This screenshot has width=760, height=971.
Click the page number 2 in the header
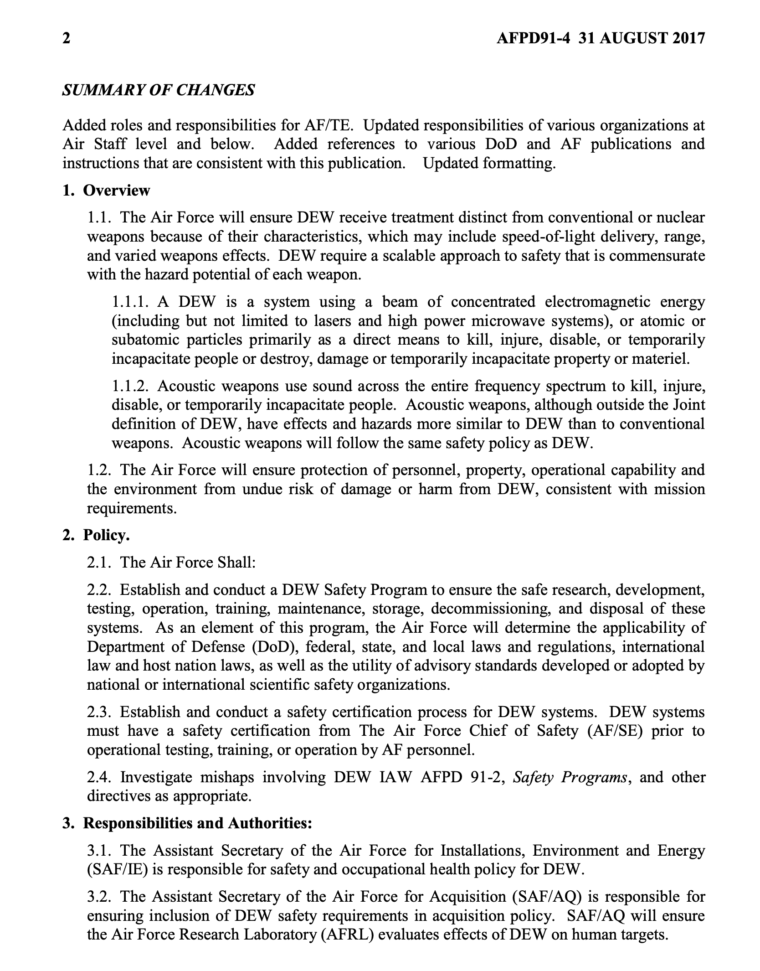pos(67,38)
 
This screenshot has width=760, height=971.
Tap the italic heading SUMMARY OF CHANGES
pos(158,90)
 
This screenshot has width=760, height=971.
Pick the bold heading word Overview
pos(116,190)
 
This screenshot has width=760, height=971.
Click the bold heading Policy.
pos(107,535)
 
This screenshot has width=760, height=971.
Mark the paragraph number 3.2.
pos(99,897)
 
